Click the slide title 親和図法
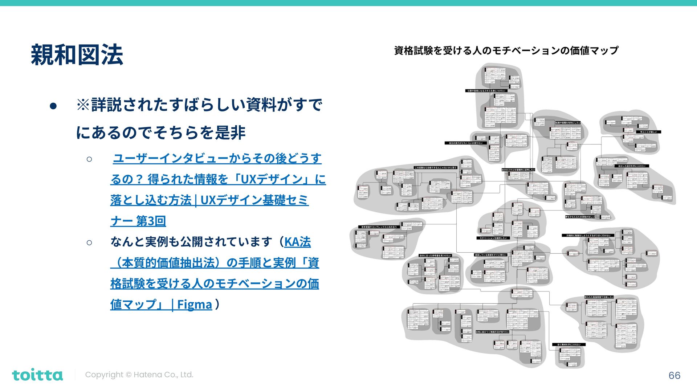[77, 55]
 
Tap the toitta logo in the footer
[37, 375]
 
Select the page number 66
[674, 375]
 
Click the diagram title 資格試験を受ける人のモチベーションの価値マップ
[506, 50]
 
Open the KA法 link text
[297, 242]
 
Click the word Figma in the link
[194, 305]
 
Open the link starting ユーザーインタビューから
[217, 159]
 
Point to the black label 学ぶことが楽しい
[648, 132]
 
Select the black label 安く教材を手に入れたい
[568, 344]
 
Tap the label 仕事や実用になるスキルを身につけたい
[486, 91]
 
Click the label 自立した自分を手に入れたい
[632, 166]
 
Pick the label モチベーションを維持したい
[493, 238]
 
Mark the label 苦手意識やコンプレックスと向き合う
[379, 227]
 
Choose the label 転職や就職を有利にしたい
[568, 123]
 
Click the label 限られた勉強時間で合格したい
[599, 297]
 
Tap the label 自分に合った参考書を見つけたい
[435, 256]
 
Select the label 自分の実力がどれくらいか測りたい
[466, 143]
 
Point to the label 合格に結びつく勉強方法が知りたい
[492, 332]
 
